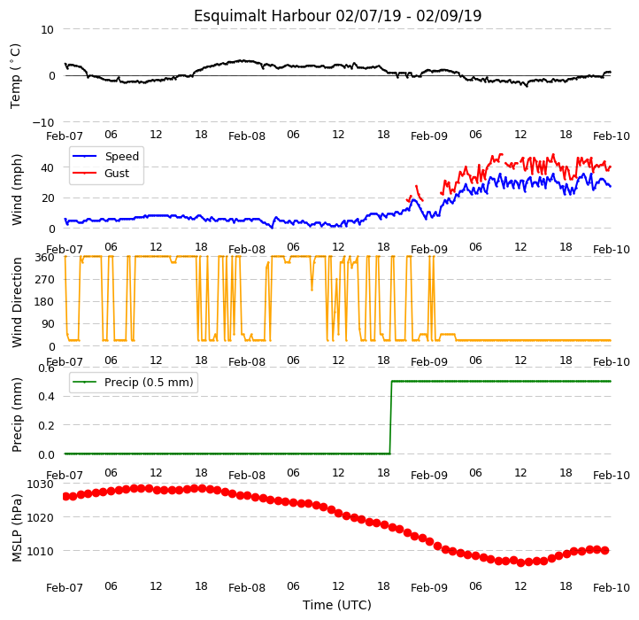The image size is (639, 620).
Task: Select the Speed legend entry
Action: click(x=105, y=156)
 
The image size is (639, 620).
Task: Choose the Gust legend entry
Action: click(x=101, y=174)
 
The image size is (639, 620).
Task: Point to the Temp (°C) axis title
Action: click(x=15, y=76)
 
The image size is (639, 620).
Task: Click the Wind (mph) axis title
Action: click(x=16, y=190)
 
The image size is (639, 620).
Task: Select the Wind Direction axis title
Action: click(x=17, y=302)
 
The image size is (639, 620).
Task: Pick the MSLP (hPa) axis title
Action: click(x=17, y=528)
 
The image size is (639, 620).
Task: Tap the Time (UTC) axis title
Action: click(x=337, y=605)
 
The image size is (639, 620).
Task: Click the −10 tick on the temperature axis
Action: click(x=42, y=123)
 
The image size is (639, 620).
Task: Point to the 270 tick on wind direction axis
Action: click(x=46, y=280)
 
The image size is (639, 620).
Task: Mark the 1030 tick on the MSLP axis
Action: click(x=40, y=484)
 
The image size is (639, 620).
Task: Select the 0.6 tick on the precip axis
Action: click(x=46, y=368)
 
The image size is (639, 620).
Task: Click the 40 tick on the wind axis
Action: click(x=47, y=167)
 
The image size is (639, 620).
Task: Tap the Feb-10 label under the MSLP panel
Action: click(x=612, y=588)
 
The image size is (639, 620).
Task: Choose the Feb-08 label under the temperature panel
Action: click(x=247, y=136)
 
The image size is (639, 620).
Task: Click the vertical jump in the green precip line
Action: click(x=391, y=417)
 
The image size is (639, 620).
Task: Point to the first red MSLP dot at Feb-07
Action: click(x=65, y=496)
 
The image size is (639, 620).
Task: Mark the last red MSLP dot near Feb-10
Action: click(x=605, y=551)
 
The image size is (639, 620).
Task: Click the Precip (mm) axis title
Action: click(x=17, y=415)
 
